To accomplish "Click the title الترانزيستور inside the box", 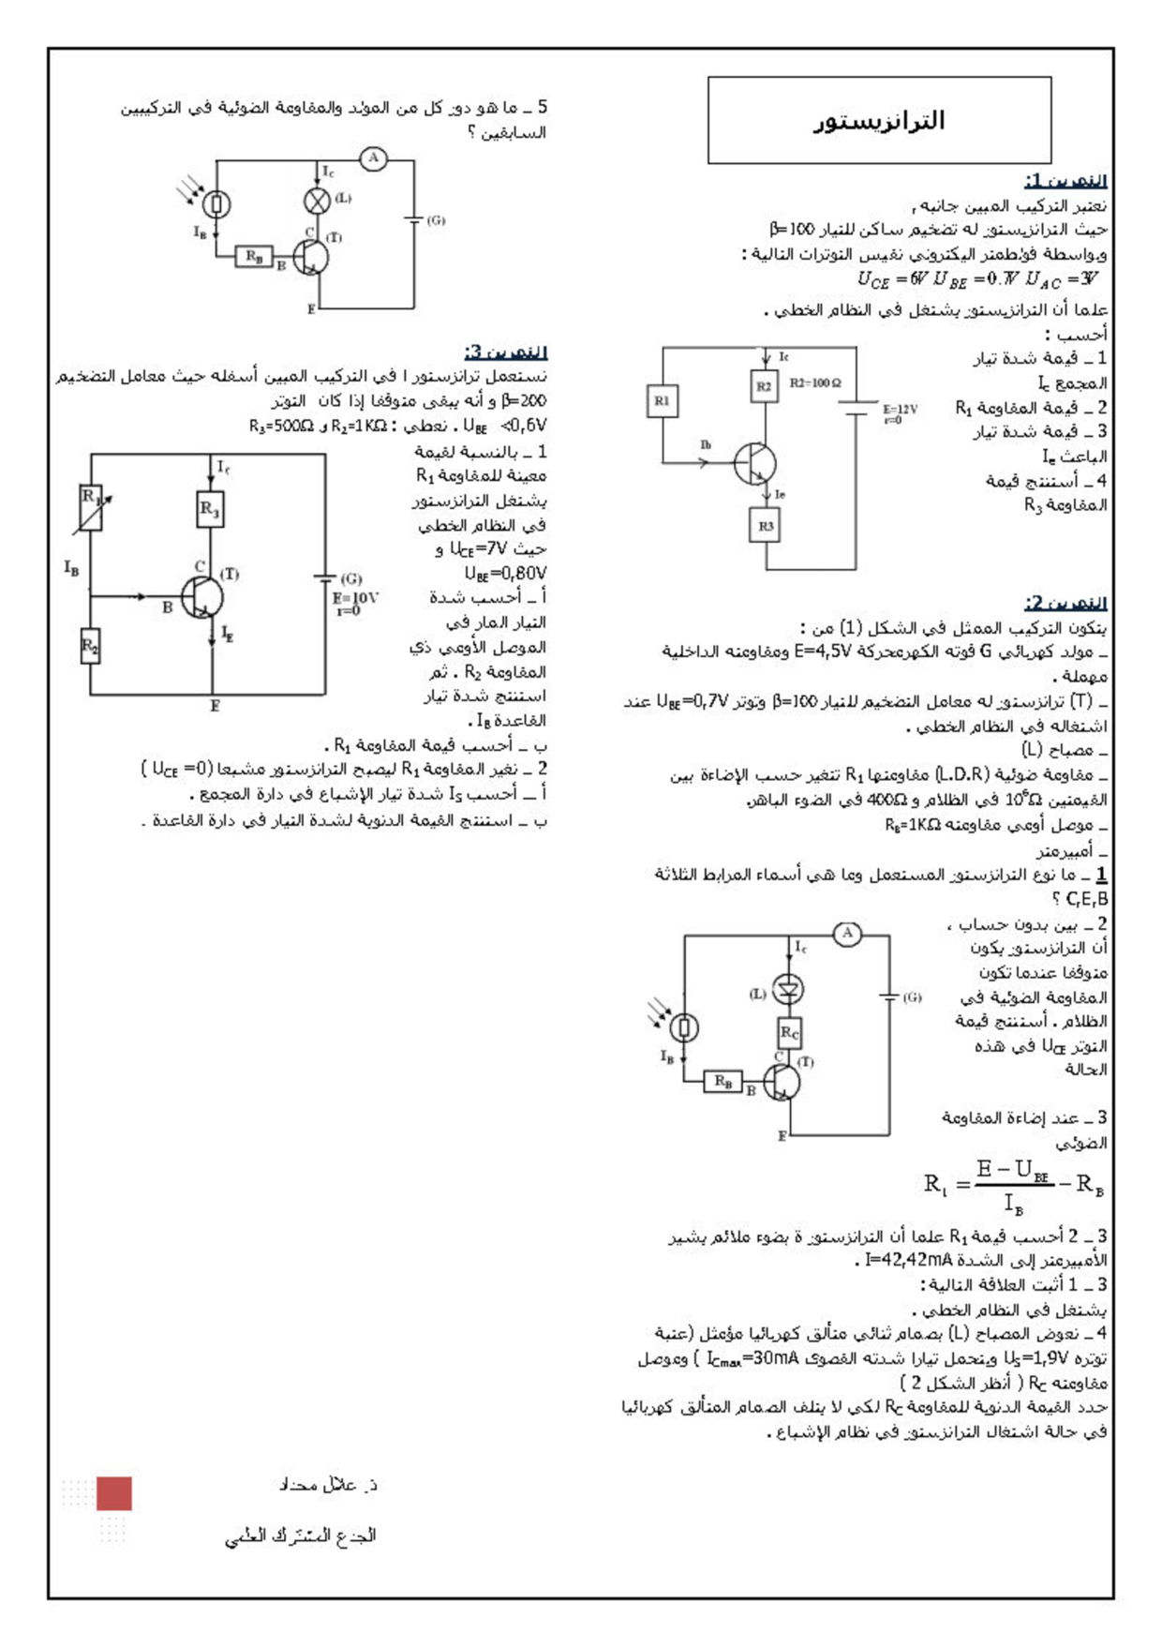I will coord(879,121).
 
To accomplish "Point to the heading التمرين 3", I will coord(505,352).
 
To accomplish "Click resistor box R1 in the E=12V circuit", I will coord(663,401).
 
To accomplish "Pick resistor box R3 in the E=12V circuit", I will coord(766,526).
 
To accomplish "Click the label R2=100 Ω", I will coord(815,383).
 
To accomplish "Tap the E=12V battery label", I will coord(900,410).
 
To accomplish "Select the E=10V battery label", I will coord(355,598).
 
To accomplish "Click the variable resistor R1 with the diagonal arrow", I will coord(91,507).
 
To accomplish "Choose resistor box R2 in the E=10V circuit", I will coord(90,646).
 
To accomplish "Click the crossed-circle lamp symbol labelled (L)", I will coord(318,201).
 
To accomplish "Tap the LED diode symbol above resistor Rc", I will coord(790,988).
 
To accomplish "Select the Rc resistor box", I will coord(790,1033).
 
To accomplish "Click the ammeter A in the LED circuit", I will coord(847,934).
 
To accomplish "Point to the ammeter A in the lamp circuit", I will coord(373,158).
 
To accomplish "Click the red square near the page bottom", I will coord(114,1493).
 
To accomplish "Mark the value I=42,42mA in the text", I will coord(908,1260).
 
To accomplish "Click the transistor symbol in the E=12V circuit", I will coord(755,463).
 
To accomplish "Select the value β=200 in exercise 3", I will coord(525,401).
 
